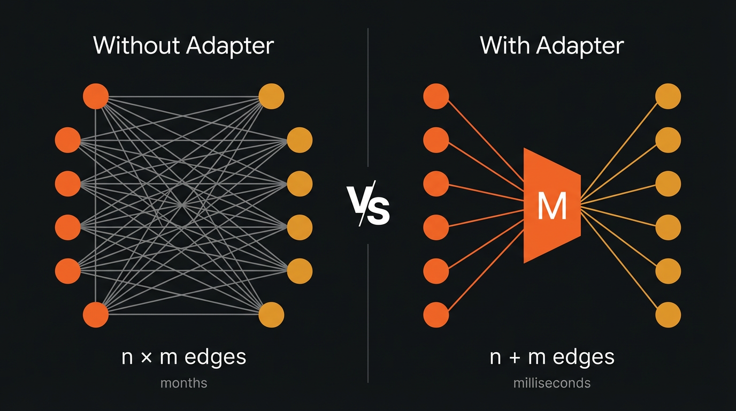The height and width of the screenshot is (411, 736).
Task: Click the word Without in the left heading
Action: (136, 46)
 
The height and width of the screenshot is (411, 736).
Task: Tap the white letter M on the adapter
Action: (552, 206)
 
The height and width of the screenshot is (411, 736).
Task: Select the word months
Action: (183, 383)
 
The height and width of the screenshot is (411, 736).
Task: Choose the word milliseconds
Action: (552, 383)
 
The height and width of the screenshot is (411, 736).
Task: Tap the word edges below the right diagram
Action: (584, 357)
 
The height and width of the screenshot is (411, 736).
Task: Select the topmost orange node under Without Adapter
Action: (96, 97)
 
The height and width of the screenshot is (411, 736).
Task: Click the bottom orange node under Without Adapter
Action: (96, 315)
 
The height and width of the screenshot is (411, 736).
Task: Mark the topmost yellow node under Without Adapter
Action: (271, 97)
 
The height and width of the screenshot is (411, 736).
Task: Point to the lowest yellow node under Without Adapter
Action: (271, 315)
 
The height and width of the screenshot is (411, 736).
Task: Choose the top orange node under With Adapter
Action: (436, 97)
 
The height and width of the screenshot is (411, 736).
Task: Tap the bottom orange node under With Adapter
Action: (436, 315)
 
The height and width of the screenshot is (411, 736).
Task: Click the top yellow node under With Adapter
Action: (668, 97)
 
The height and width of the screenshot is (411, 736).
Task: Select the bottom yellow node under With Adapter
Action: (668, 315)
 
